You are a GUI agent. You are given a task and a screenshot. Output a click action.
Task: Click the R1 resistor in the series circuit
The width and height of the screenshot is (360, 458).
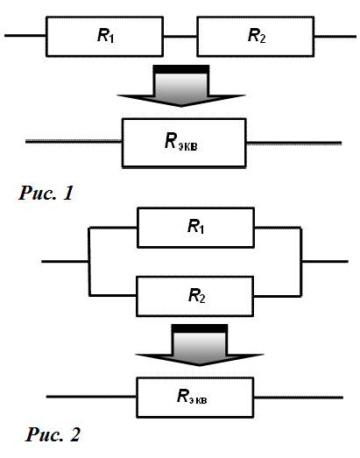coord(104,37)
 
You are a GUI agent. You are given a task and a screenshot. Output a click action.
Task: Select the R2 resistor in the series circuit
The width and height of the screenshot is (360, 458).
coord(256,37)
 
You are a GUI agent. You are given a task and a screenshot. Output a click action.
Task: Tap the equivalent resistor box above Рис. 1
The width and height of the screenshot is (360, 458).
coord(184,143)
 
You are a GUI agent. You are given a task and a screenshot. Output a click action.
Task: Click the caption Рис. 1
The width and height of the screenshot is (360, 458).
coord(46,193)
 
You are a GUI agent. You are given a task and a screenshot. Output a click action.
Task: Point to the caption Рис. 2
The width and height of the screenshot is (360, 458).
coord(53,434)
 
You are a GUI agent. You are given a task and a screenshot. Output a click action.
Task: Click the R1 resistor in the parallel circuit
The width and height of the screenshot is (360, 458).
coord(196,228)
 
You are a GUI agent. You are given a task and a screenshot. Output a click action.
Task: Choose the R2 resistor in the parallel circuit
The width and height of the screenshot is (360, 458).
coord(195,296)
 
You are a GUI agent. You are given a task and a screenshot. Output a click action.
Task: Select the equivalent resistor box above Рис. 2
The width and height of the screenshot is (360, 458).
coord(195,398)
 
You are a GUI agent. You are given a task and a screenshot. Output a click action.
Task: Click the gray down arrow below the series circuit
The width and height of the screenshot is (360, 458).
coord(181,86)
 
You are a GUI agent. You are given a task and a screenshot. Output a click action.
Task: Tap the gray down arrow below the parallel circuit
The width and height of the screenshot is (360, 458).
coord(200,345)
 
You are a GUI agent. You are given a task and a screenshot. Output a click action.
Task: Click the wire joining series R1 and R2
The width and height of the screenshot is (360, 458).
coord(180,37)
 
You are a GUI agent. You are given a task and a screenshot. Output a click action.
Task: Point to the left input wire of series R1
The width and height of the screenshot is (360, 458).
coord(25,36)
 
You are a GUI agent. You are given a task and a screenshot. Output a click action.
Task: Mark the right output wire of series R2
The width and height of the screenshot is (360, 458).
coord(335,37)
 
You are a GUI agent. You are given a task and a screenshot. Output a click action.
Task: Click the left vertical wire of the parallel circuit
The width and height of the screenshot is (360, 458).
coord(89,262)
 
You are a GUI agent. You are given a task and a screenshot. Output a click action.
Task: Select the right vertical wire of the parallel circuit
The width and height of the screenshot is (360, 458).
coord(301,262)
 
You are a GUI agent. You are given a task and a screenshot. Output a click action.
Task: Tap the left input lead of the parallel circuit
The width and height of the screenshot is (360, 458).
coord(65,262)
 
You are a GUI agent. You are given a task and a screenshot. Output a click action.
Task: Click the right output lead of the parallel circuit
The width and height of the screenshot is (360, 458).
coord(325,261)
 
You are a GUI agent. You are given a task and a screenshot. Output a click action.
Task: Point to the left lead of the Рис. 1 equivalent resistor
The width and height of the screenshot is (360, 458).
coord(74,141)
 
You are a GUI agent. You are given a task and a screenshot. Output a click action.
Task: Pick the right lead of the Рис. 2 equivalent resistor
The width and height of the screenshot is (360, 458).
coord(299,398)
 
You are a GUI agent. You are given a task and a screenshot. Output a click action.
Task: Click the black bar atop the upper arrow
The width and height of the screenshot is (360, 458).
coord(181,69)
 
